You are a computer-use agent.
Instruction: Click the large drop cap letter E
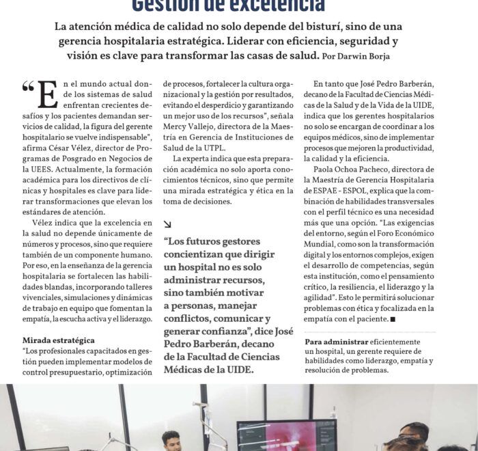pos(47,95)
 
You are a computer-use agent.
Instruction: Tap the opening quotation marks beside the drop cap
pos(28,87)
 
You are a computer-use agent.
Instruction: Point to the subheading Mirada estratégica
pos(58,340)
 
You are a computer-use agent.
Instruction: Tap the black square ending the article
pos(393,319)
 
